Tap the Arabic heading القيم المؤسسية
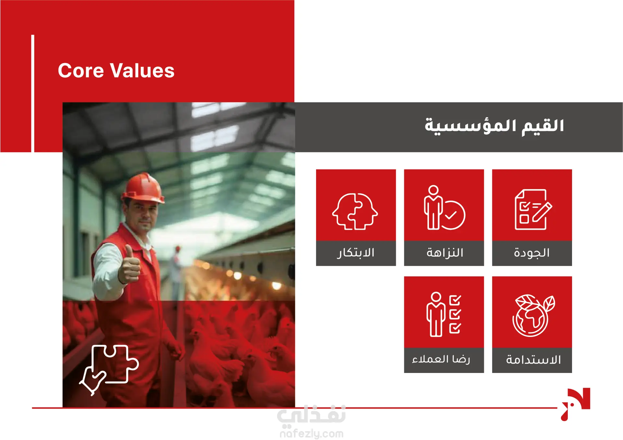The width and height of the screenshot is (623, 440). (x=494, y=126)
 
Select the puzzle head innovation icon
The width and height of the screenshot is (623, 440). (x=355, y=211)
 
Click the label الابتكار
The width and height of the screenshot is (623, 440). (x=356, y=253)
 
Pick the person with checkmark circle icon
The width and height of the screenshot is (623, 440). (x=444, y=207)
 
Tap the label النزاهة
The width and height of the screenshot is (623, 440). (x=445, y=253)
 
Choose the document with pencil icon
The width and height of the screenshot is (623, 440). (x=533, y=209)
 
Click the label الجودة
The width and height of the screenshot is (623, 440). (x=532, y=253)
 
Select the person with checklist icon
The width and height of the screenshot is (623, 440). (x=444, y=314)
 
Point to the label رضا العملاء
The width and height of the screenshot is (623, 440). (x=441, y=359)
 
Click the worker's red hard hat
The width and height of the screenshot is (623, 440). (x=143, y=188)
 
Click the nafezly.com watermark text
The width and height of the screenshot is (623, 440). (x=311, y=433)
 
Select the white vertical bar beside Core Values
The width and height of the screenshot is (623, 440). (x=33, y=93)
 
